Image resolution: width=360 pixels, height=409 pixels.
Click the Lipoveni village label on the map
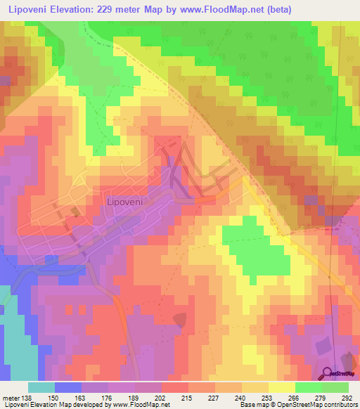[124, 202]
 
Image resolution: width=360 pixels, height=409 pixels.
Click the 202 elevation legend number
[161, 397]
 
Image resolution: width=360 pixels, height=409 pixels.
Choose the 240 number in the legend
[240, 397]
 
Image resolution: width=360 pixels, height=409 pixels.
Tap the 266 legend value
[294, 397]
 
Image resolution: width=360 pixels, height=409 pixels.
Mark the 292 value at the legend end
[347, 397]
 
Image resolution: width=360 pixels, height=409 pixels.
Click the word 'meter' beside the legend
[11, 397]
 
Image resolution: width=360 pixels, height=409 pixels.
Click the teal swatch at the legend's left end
[41, 387]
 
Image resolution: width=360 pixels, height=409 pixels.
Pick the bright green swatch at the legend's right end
[335, 387]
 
